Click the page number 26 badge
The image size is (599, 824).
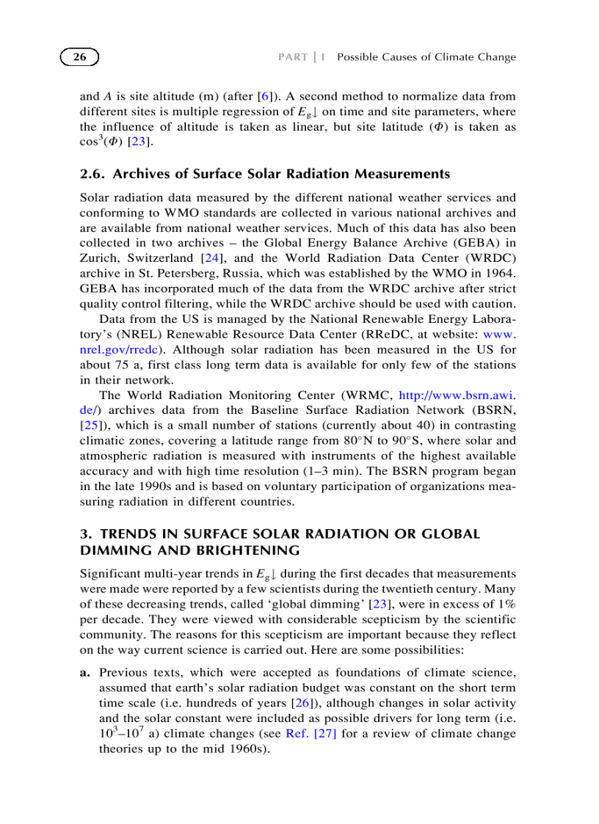[79, 57]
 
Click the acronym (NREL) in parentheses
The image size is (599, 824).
[101, 335]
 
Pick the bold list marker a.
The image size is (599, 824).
[84, 672]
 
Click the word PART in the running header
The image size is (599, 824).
[292, 57]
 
